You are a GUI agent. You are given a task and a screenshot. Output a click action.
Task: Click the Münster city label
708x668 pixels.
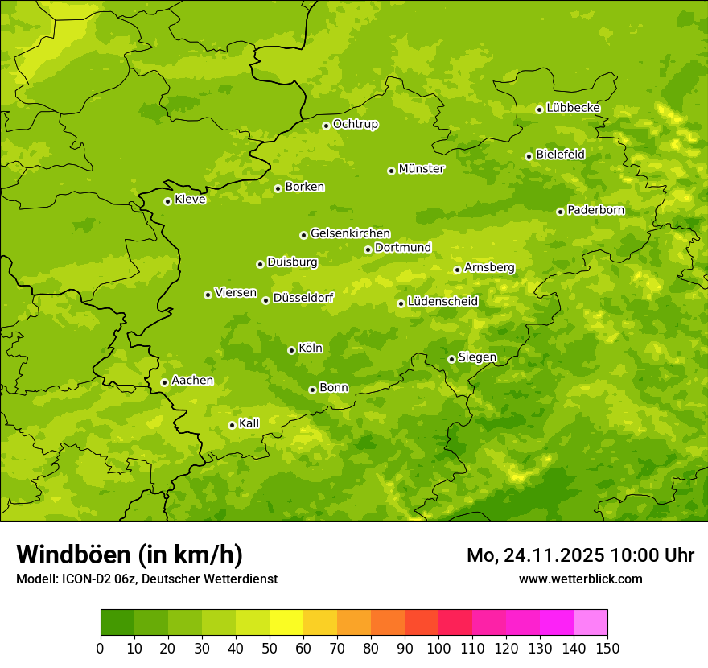(422, 169)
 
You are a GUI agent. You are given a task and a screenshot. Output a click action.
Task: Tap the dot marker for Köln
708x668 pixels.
(291, 350)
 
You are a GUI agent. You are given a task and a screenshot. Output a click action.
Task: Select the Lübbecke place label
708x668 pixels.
(573, 108)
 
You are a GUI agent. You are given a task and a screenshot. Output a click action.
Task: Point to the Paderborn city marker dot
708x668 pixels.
(560, 212)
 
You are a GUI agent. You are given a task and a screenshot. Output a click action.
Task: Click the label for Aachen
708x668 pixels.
(192, 381)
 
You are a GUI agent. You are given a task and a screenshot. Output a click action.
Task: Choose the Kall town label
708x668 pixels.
(249, 423)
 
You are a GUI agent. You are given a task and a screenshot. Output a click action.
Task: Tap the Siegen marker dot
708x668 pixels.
(451, 359)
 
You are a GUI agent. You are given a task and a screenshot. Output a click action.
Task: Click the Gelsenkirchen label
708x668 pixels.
(350, 233)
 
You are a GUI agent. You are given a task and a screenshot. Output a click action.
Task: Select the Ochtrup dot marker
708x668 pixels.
(326, 126)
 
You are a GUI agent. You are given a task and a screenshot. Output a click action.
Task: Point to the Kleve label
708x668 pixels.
(190, 200)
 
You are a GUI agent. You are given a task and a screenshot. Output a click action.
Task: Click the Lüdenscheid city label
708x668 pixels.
(442, 302)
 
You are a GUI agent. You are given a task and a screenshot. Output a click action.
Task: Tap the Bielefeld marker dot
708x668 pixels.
(529, 156)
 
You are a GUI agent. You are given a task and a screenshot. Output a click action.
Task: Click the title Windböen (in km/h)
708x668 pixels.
(130, 555)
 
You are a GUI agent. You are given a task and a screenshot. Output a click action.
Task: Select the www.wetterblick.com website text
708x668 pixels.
(580, 579)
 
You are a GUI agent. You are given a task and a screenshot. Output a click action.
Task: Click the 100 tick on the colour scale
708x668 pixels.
(438, 648)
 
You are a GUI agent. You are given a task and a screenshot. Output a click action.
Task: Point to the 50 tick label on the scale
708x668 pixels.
(270, 648)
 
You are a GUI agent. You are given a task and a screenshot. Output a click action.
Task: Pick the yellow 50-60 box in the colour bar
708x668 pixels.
(286, 623)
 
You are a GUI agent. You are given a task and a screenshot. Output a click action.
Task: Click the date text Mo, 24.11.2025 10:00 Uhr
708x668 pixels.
(580, 555)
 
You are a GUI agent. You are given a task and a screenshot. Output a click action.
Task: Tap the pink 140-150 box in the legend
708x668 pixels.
(591, 623)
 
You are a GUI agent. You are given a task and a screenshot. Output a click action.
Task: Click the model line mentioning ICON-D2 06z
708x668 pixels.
(146, 579)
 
